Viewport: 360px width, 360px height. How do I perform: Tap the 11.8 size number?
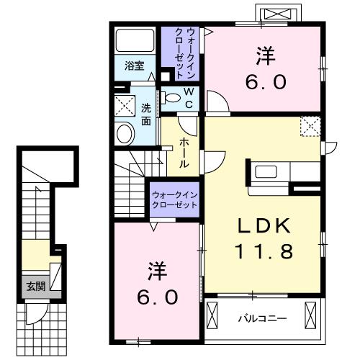click(x=264, y=252)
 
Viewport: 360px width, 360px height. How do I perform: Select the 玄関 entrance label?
click(x=36, y=286)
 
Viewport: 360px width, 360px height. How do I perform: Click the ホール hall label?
click(x=185, y=153)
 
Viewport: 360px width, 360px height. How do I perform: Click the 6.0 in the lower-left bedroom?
click(x=157, y=294)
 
